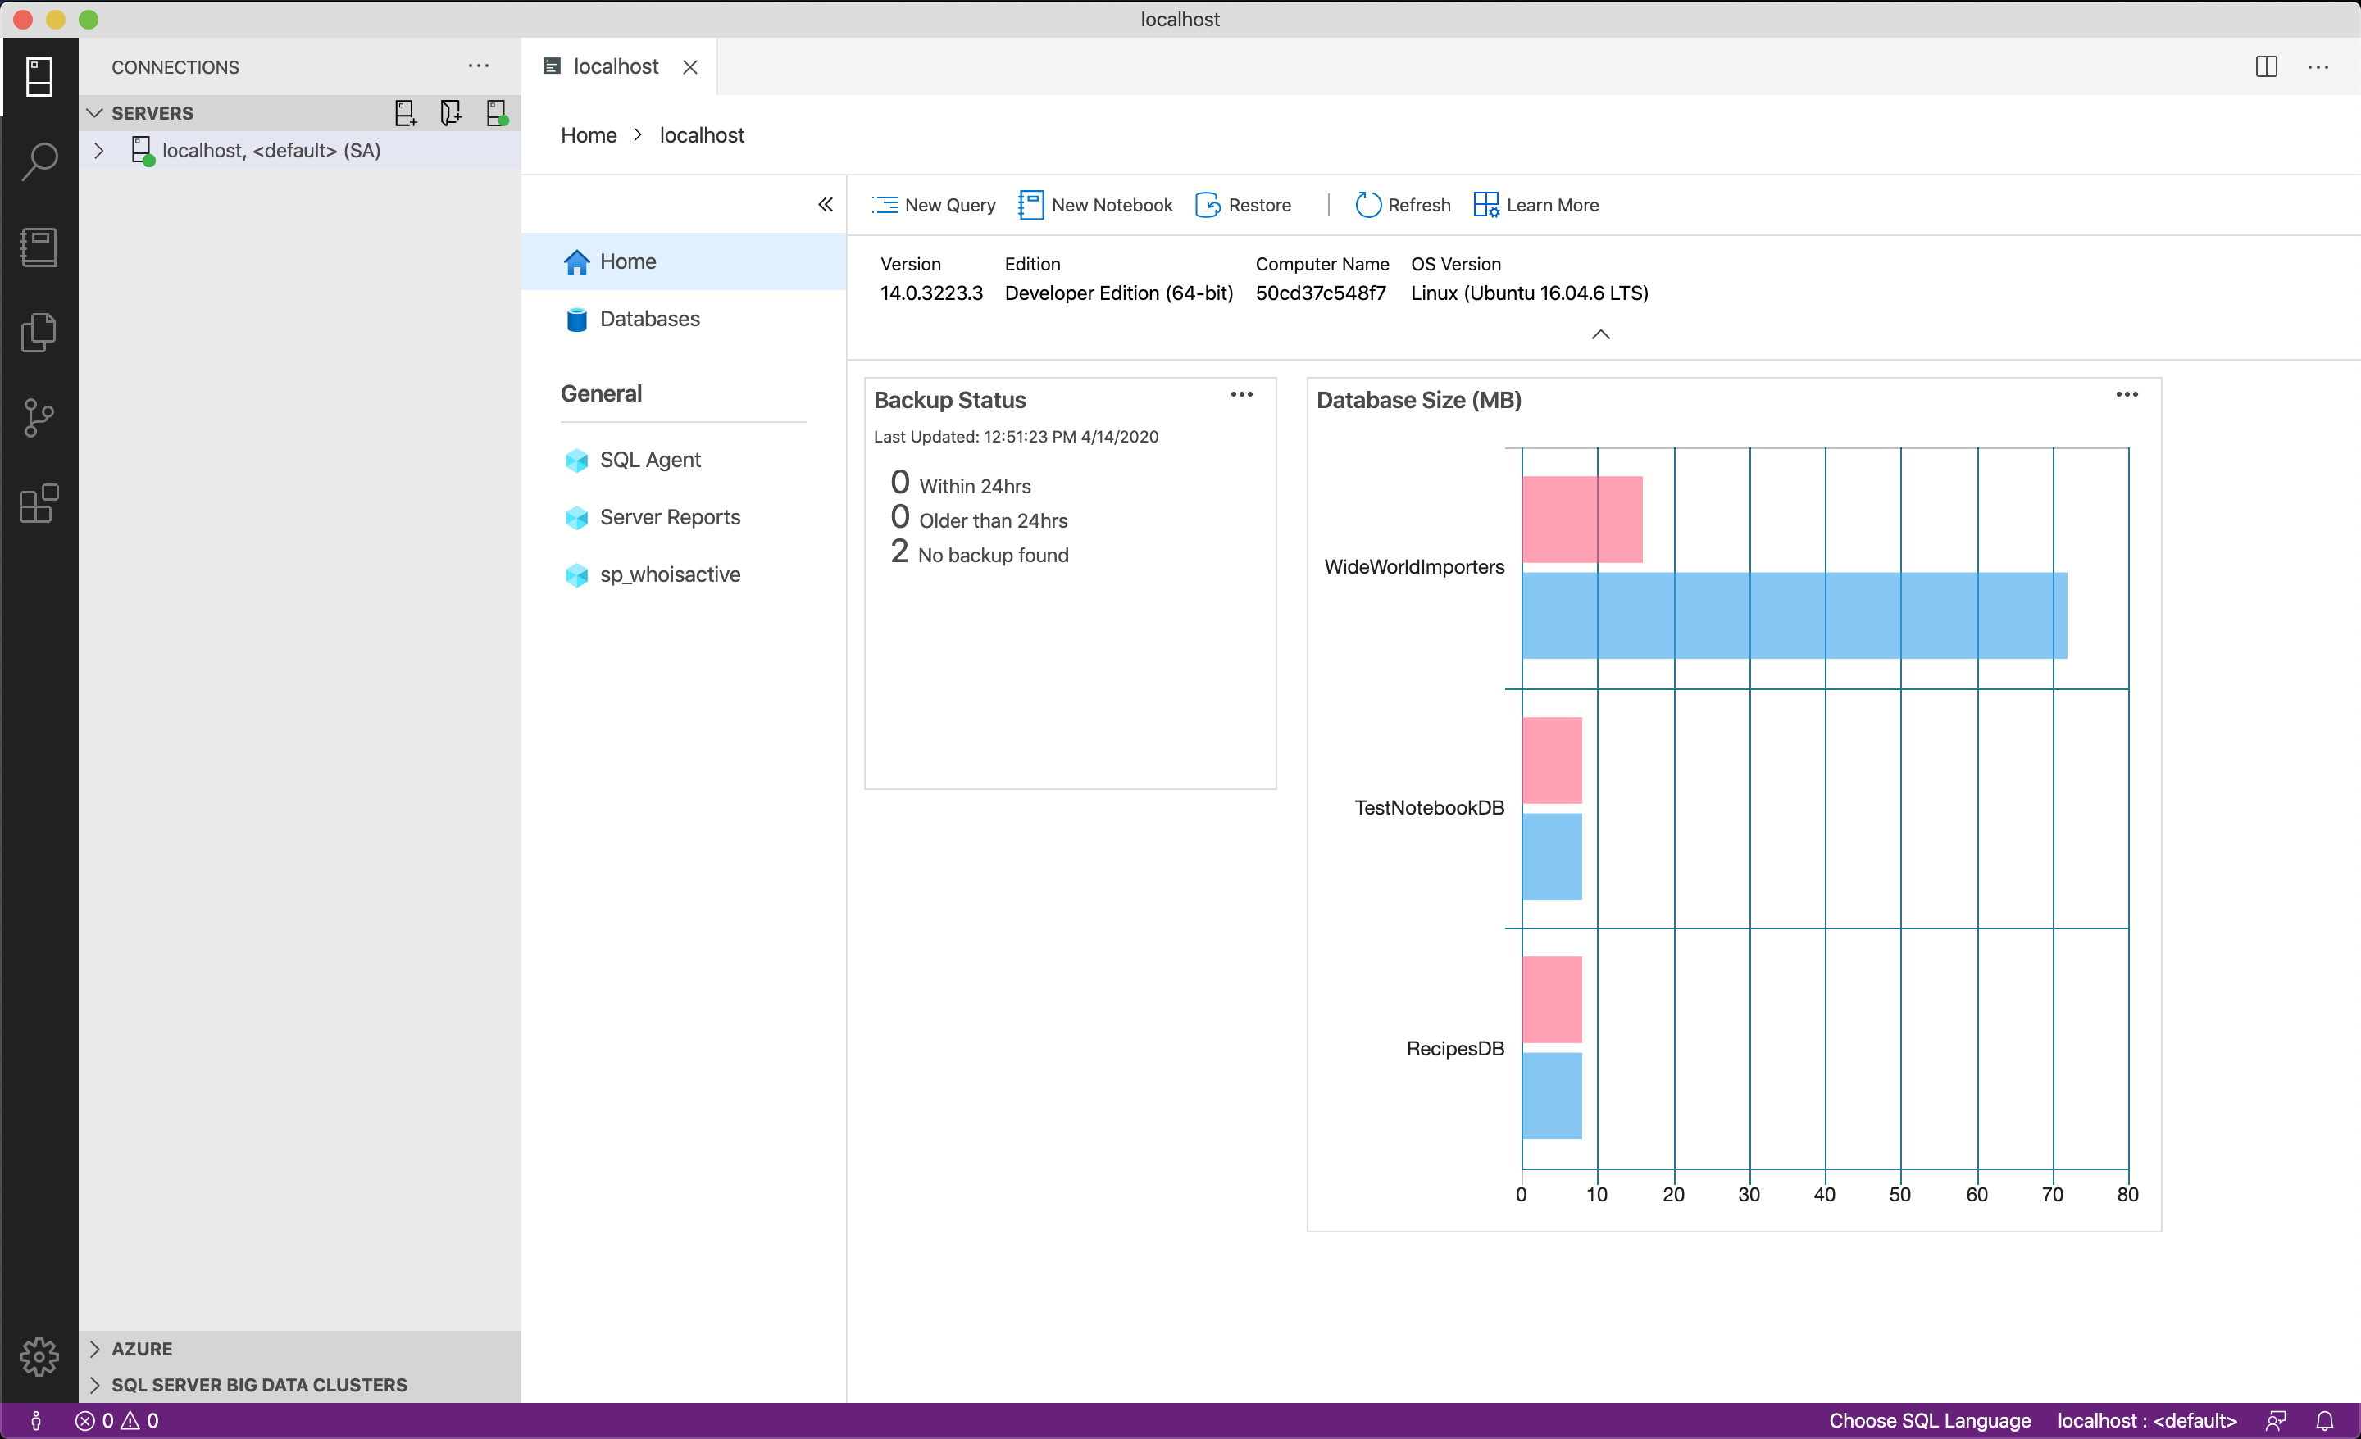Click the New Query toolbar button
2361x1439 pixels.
tap(935, 205)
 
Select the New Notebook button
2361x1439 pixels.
tap(1095, 205)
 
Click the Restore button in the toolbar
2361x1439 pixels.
tap(1243, 205)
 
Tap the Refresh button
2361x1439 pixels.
tap(1403, 205)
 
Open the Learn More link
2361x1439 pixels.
tap(1536, 205)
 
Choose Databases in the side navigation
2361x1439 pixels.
tap(648, 319)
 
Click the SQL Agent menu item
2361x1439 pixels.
tap(649, 460)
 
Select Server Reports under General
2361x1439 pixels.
tap(669, 517)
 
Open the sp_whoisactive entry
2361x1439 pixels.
tap(669, 574)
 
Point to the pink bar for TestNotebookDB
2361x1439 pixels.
tap(1551, 760)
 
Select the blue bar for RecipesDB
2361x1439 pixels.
tap(1551, 1096)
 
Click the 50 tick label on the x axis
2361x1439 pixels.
tap(1899, 1195)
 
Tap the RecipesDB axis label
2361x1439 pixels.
tap(1454, 1049)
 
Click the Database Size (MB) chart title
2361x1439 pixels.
tap(1418, 401)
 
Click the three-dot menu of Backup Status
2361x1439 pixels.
tap(1241, 395)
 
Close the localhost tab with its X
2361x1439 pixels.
tap(690, 67)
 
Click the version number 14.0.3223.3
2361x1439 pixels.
tap(930, 293)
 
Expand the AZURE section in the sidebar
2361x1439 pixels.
tap(142, 1349)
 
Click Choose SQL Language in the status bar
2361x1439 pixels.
tap(1929, 1421)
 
